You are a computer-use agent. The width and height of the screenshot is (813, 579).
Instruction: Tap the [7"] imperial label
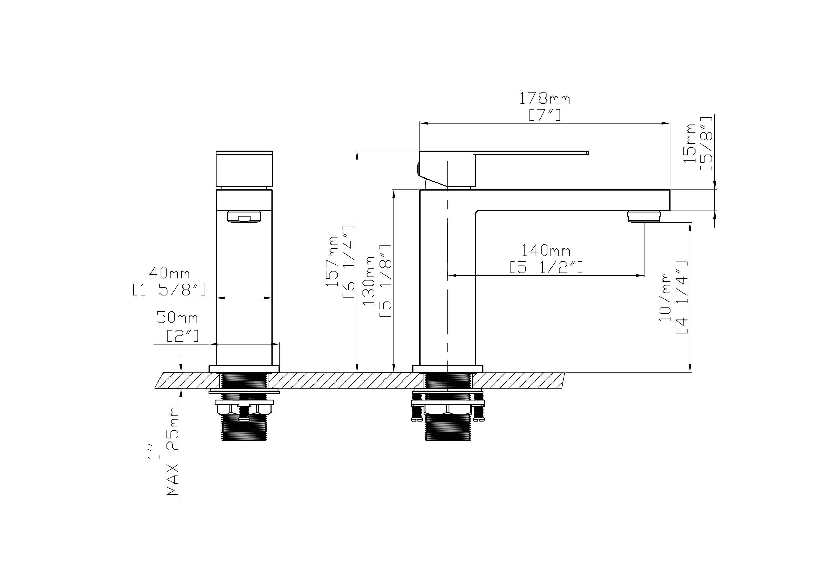(x=545, y=115)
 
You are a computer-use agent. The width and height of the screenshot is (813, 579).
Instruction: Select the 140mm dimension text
(x=546, y=251)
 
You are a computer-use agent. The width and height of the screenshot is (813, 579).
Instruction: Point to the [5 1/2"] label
(x=546, y=267)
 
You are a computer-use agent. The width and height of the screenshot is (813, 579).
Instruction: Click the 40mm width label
(x=169, y=273)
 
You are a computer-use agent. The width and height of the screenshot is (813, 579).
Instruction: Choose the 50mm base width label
(x=177, y=317)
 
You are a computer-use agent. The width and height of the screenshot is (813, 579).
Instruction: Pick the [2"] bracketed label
(x=183, y=335)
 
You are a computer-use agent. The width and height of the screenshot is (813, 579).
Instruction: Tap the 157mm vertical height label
(x=332, y=261)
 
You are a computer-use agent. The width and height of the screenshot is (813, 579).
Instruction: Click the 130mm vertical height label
(x=368, y=281)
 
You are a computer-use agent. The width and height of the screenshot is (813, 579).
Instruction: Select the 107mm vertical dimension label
(x=665, y=297)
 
